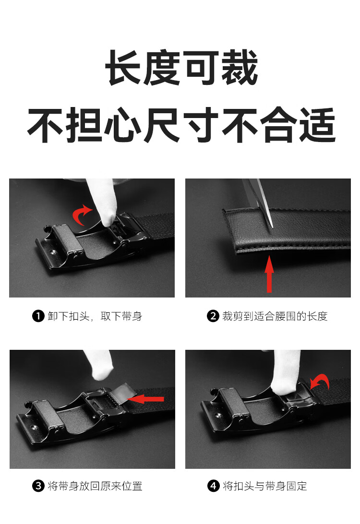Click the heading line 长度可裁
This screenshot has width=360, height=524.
pyautogui.click(x=181, y=68)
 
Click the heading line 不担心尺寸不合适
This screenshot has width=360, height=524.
pyautogui.click(x=181, y=125)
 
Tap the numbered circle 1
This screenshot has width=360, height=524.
pyautogui.click(x=38, y=316)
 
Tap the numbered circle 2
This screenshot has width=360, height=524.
pyautogui.click(x=213, y=316)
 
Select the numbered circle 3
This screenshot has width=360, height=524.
pyautogui.click(x=38, y=486)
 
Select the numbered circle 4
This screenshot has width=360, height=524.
pyautogui.click(x=213, y=486)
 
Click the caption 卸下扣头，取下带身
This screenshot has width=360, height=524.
pyautogui.click(x=95, y=316)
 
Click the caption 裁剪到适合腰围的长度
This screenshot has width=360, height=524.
pyautogui.click(x=275, y=316)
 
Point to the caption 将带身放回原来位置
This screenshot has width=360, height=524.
pyautogui.click(x=95, y=486)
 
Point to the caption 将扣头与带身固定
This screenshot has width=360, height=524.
pyautogui.click(x=265, y=486)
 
